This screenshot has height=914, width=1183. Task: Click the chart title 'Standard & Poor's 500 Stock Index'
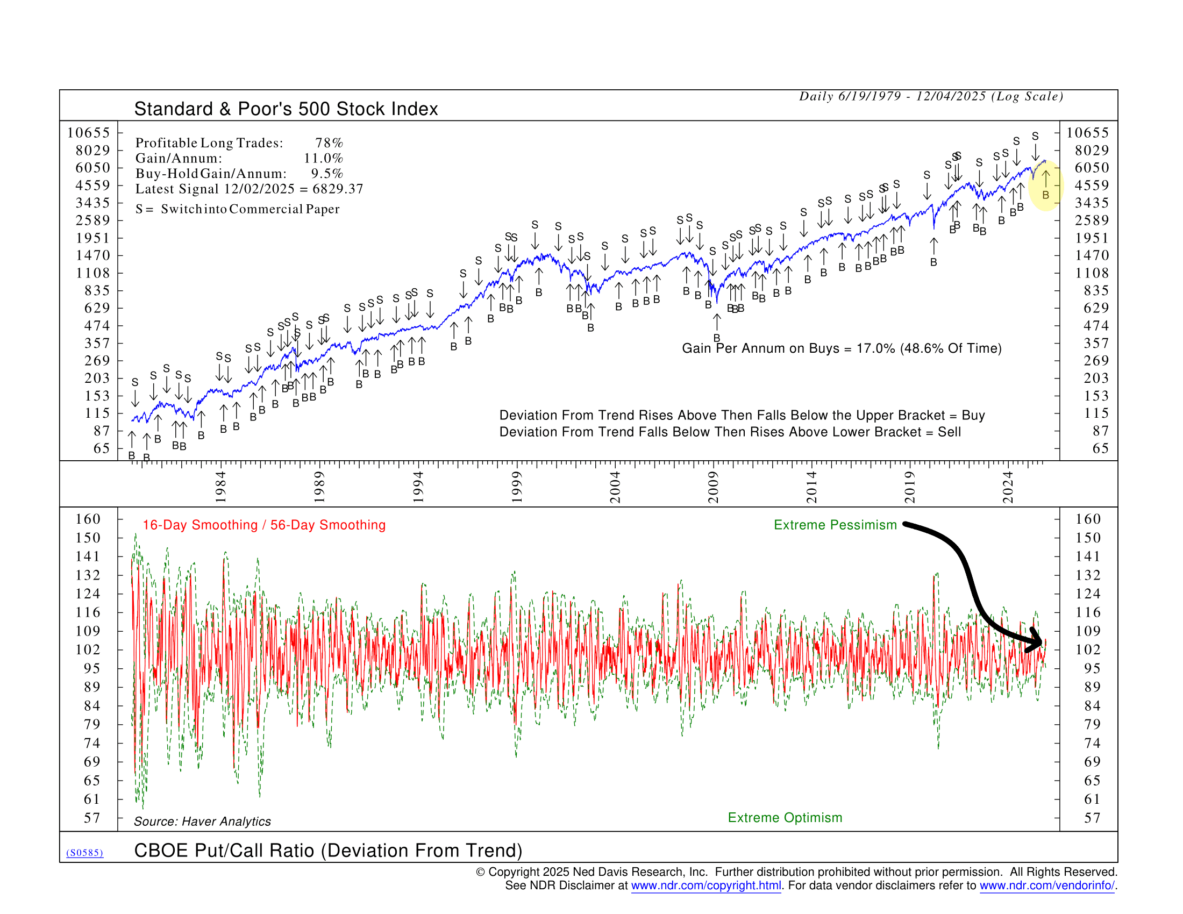point(286,109)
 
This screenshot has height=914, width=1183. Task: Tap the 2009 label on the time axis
point(713,487)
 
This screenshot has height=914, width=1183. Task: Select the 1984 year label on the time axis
point(220,487)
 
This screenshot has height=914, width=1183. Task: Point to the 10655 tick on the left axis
point(88,133)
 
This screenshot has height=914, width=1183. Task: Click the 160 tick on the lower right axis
point(1088,519)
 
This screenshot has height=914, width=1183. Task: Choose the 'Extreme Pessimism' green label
point(835,525)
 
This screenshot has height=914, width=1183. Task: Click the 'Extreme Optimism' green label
point(785,818)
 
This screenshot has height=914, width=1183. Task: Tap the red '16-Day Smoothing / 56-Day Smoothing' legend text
point(264,525)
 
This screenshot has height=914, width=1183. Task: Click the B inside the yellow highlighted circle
point(1045,195)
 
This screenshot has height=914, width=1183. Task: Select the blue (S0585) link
point(84,853)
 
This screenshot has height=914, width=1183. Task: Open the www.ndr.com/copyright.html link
point(706,886)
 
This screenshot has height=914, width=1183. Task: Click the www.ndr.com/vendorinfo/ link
point(1046,886)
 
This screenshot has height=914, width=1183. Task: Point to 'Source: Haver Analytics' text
point(202,822)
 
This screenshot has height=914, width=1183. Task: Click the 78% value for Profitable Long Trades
point(329,143)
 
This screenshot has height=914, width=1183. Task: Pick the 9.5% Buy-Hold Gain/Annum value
point(326,174)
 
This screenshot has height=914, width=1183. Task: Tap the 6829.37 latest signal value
point(338,189)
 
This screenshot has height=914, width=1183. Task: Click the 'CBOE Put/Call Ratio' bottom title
point(327,851)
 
